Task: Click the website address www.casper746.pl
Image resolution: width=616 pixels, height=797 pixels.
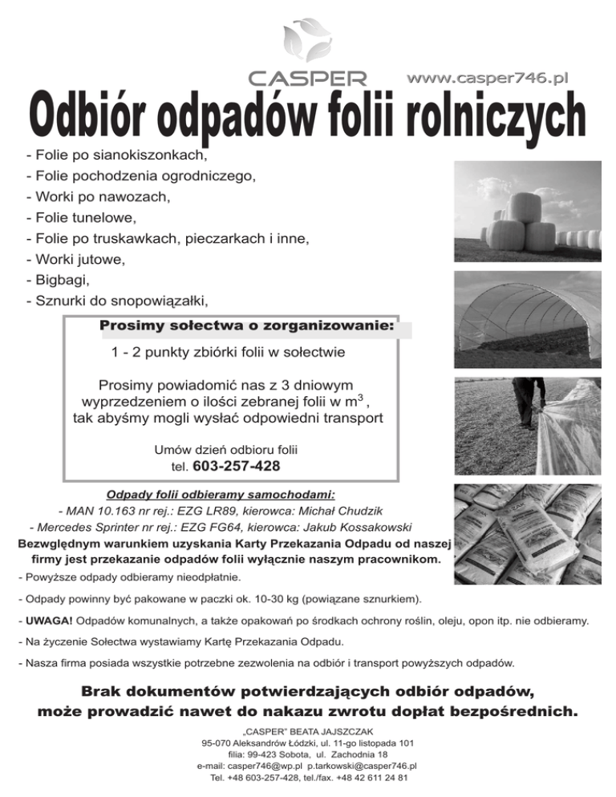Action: click(488, 78)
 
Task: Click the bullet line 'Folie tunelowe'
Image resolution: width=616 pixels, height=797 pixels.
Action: click(83, 217)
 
